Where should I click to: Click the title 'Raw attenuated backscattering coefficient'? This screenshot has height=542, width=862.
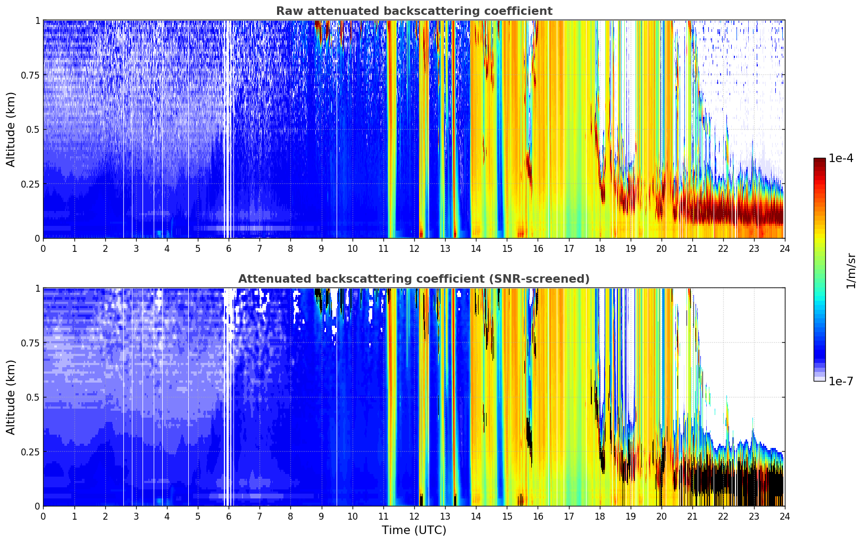point(414,11)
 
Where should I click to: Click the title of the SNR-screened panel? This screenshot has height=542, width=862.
point(414,279)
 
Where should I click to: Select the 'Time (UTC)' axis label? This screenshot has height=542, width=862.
point(414,530)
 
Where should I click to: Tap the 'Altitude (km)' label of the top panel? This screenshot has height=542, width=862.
point(11,129)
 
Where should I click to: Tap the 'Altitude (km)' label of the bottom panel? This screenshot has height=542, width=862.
point(11,397)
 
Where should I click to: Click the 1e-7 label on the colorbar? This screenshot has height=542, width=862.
point(841,381)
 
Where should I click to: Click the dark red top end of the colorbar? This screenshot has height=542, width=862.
point(819,161)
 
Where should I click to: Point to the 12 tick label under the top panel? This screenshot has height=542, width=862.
point(414,248)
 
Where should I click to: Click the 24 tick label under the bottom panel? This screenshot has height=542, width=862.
point(784,516)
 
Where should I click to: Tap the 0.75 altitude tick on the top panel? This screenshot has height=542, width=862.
point(30,75)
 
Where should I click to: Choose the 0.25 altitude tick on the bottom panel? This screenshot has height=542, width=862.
point(30,452)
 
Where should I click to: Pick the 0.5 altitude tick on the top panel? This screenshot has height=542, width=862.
point(33,130)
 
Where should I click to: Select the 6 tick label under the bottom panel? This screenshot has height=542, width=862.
point(229,516)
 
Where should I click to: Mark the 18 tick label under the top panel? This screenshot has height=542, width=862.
point(599,248)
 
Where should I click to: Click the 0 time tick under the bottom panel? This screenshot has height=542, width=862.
point(44,516)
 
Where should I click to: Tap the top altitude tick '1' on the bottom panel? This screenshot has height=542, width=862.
point(37,289)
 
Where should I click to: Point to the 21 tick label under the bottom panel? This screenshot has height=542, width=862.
point(692,516)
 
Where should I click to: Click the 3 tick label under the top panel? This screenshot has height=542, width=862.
point(136,248)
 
